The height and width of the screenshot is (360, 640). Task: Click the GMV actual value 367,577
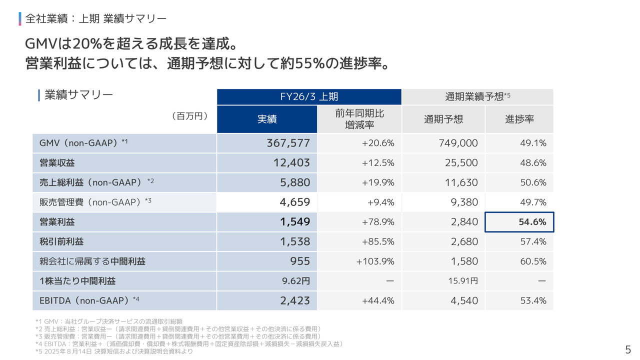[x=288, y=143]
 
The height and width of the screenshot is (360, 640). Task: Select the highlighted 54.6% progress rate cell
[x=519, y=222]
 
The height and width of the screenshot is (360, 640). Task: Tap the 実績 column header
[x=267, y=119]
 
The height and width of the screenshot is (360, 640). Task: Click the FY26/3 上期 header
[x=309, y=97]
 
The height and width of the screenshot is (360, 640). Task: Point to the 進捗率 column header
[x=519, y=119]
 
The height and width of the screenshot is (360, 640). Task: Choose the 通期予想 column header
[x=443, y=119]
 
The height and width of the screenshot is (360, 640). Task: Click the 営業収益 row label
[x=57, y=163]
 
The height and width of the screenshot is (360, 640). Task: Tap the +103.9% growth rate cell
[x=375, y=261]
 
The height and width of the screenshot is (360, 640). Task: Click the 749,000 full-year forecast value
[x=458, y=143]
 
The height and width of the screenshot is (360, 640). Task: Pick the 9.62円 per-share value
[x=296, y=281]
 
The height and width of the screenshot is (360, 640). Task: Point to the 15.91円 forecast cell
[x=462, y=281]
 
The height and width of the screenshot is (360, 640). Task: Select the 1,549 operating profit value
[x=295, y=222]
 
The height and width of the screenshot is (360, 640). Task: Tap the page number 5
[x=628, y=349]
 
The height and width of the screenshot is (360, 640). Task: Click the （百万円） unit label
[x=189, y=116]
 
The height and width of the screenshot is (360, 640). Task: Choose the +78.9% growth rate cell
[x=378, y=222]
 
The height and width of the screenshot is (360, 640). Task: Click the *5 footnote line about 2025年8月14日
[x=114, y=351]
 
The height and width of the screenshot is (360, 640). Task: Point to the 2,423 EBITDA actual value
[x=295, y=301]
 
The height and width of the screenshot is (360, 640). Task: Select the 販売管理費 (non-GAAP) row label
[x=95, y=202]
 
